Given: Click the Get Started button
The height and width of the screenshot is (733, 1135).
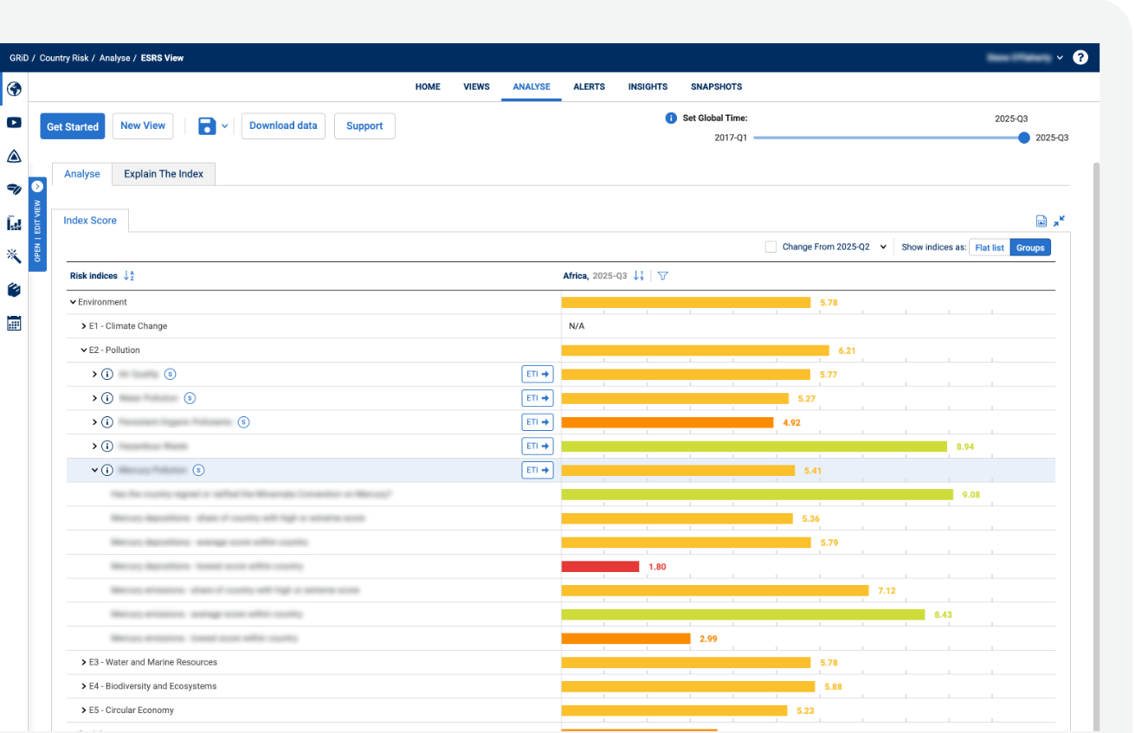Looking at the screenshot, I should point(72,126).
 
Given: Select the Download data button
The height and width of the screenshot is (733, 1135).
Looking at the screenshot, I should point(283,125).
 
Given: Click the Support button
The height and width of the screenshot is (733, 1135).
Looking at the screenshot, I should point(364,125).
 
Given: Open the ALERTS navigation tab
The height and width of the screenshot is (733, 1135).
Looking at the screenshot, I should point(589,87).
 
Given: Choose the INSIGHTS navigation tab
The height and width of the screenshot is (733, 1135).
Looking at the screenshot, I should point(648,87).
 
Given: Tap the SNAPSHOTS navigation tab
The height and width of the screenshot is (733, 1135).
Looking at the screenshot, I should point(716,87).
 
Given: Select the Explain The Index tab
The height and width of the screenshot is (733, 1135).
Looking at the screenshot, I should point(164,174).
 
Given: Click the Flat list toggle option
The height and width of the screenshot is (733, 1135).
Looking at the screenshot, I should point(990,248).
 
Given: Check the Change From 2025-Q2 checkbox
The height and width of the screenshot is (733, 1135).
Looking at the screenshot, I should point(771,247).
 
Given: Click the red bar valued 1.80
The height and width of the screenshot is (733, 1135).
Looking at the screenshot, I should point(600,567).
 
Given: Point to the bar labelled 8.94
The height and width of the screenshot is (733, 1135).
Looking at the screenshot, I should point(753,447).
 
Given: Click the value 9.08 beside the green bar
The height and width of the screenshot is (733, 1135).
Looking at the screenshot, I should point(971,495).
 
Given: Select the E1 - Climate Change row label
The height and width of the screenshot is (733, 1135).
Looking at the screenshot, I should point(127,326).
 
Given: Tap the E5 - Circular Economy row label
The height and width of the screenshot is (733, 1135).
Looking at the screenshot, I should point(131,710).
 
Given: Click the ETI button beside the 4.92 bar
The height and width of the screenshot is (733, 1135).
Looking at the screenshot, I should point(537,422).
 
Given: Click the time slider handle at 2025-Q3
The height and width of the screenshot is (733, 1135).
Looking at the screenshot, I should point(1024,138).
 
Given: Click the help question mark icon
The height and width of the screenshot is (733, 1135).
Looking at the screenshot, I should point(1080,58).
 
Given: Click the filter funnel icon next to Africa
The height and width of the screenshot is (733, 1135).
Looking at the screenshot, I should point(662,276).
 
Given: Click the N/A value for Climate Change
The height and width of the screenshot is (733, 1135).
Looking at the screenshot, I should point(577,326).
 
